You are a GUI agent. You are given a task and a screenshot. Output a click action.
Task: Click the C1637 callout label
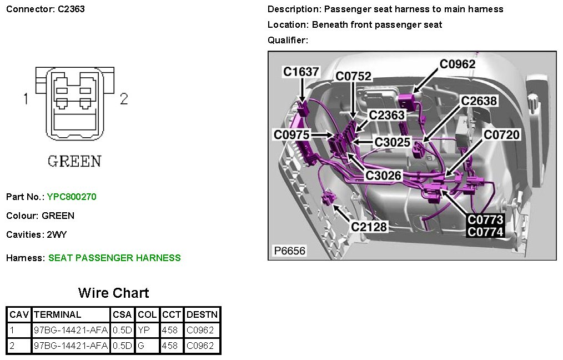[x=301, y=72]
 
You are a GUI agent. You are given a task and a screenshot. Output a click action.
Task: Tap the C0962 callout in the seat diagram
[x=458, y=64]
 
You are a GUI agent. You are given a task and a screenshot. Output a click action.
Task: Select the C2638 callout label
[x=479, y=101]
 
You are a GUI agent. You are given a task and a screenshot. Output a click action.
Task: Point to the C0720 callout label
[x=501, y=134]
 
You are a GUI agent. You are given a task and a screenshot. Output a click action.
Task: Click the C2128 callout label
[x=369, y=227]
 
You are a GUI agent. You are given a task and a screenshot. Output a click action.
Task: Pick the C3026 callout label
[x=383, y=176]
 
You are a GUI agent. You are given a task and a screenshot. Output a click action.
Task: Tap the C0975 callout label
[x=291, y=134]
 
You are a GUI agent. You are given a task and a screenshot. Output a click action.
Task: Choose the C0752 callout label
[x=353, y=77]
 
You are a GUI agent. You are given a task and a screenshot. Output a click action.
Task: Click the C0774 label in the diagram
[x=485, y=232]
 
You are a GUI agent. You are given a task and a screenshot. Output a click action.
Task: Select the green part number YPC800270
[x=72, y=197]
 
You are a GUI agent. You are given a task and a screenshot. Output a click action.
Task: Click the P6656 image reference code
[x=290, y=251]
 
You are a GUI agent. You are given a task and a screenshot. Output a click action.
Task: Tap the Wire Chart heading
[x=113, y=293]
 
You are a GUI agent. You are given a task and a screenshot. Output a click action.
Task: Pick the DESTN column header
[x=202, y=314]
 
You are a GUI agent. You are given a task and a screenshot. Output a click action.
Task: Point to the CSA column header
[x=122, y=314]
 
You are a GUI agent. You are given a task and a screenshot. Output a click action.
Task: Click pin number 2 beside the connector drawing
[x=124, y=99]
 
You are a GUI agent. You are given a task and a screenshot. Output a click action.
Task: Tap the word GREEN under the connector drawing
[x=74, y=162]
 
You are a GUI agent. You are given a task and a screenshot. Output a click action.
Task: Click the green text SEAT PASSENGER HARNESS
[x=114, y=258]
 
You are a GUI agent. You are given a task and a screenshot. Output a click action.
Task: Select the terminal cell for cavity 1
[x=71, y=330]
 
